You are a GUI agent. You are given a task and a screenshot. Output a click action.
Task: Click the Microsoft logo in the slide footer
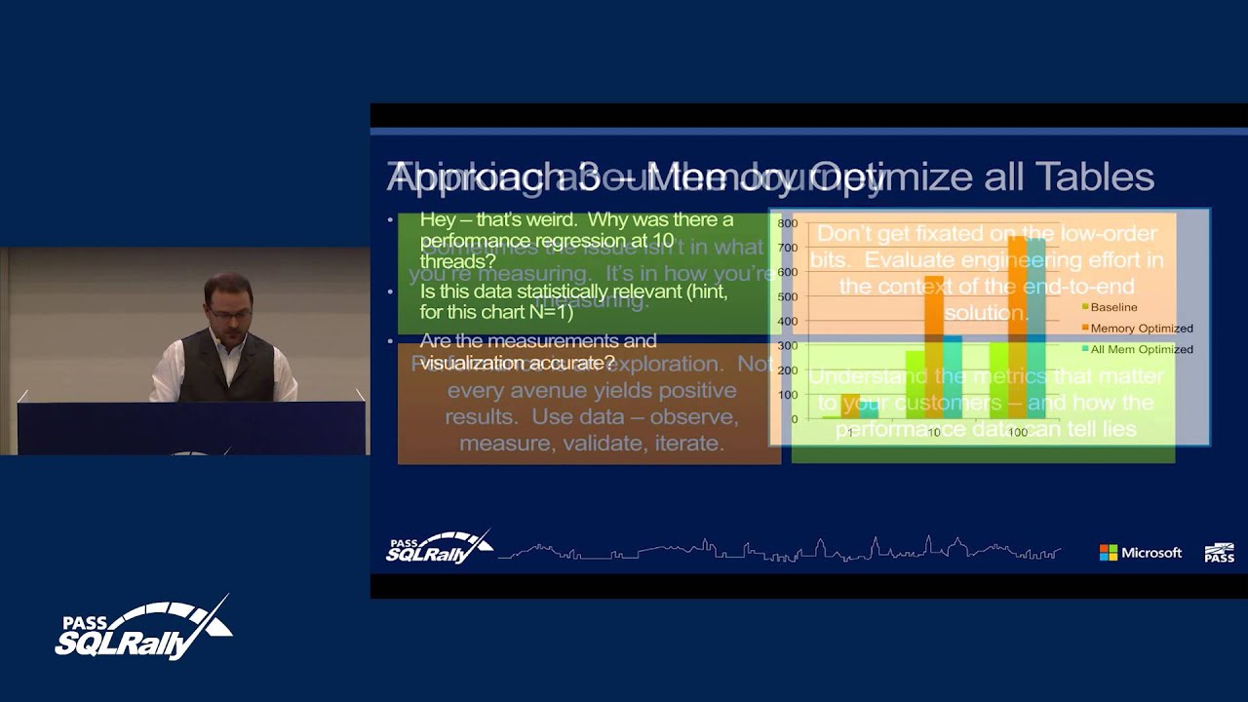1140,553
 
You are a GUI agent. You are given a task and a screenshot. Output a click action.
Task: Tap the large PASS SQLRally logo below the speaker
143,629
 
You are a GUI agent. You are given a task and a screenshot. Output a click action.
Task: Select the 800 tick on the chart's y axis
787,223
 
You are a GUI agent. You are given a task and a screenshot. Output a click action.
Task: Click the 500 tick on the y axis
787,296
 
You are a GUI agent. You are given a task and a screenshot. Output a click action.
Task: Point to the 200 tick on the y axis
787,370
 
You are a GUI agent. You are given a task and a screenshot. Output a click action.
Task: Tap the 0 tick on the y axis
794,419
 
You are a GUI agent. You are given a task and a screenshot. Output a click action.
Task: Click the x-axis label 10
933,432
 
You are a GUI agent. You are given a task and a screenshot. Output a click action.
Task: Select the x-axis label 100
1017,432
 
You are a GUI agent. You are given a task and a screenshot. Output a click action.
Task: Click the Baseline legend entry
1112,307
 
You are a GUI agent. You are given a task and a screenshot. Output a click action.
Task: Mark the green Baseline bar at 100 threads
998,380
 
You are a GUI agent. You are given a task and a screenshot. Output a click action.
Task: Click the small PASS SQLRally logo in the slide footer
438,549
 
